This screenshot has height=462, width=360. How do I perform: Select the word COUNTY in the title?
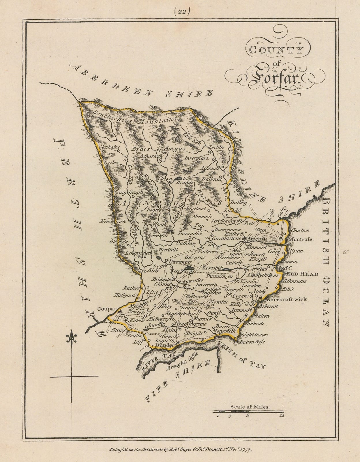(274, 51)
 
